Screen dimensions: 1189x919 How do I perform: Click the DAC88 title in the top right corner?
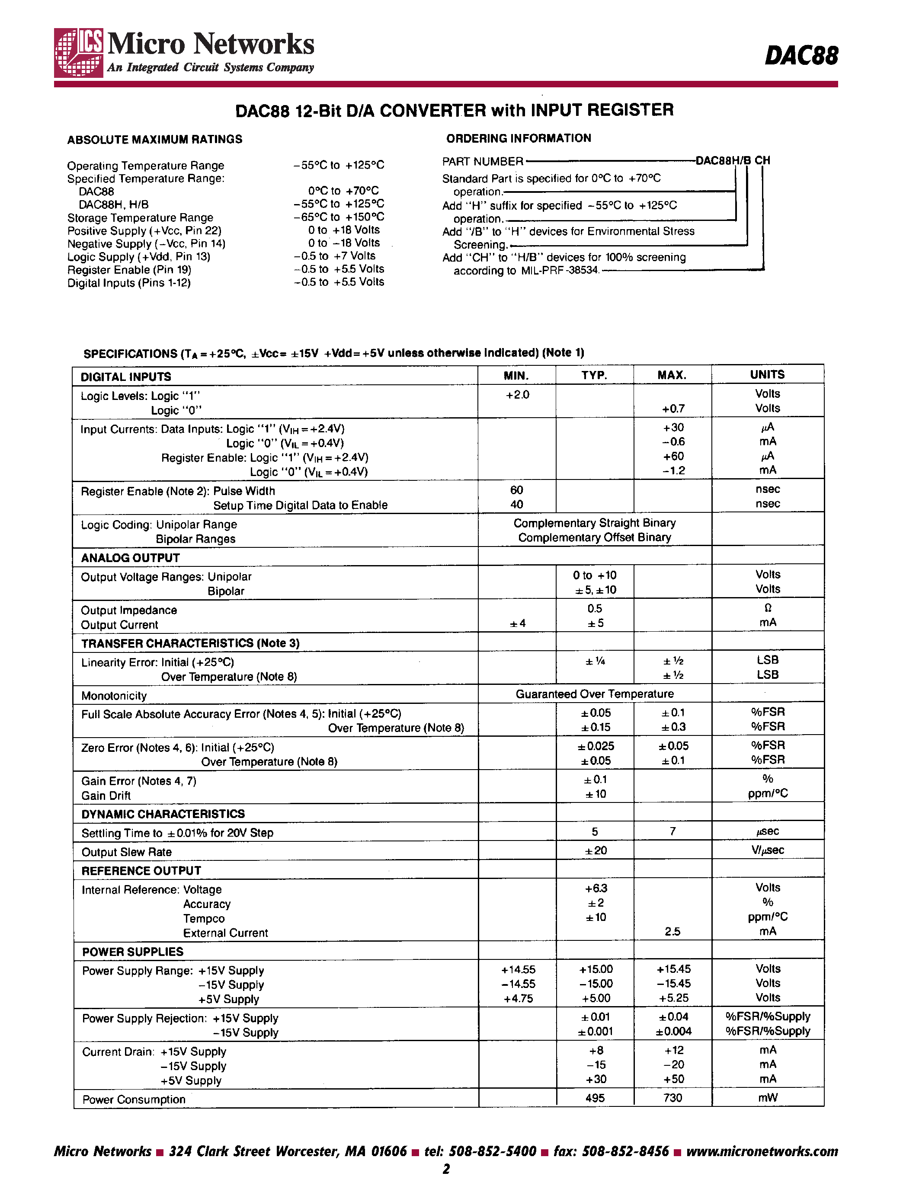(x=801, y=55)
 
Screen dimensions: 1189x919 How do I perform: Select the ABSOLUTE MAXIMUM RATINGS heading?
(x=155, y=139)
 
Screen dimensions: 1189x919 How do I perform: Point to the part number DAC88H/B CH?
(x=733, y=160)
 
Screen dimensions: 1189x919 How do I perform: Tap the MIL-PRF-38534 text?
(x=560, y=271)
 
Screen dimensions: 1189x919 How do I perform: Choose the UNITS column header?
(x=767, y=374)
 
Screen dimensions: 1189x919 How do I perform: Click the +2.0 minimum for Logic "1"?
(x=517, y=395)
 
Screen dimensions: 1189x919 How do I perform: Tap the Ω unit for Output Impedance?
(x=768, y=608)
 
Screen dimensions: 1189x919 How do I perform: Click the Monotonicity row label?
(x=114, y=696)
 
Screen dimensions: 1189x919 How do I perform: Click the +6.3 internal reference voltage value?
(x=596, y=888)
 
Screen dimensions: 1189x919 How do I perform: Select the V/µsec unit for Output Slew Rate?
(x=768, y=850)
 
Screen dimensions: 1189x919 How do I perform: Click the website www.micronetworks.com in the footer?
(x=762, y=1151)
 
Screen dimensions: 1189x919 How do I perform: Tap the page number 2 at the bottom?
(x=446, y=1169)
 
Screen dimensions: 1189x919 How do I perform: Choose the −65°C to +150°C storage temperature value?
(x=338, y=217)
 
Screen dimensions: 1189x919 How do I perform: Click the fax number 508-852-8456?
(x=625, y=1151)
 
